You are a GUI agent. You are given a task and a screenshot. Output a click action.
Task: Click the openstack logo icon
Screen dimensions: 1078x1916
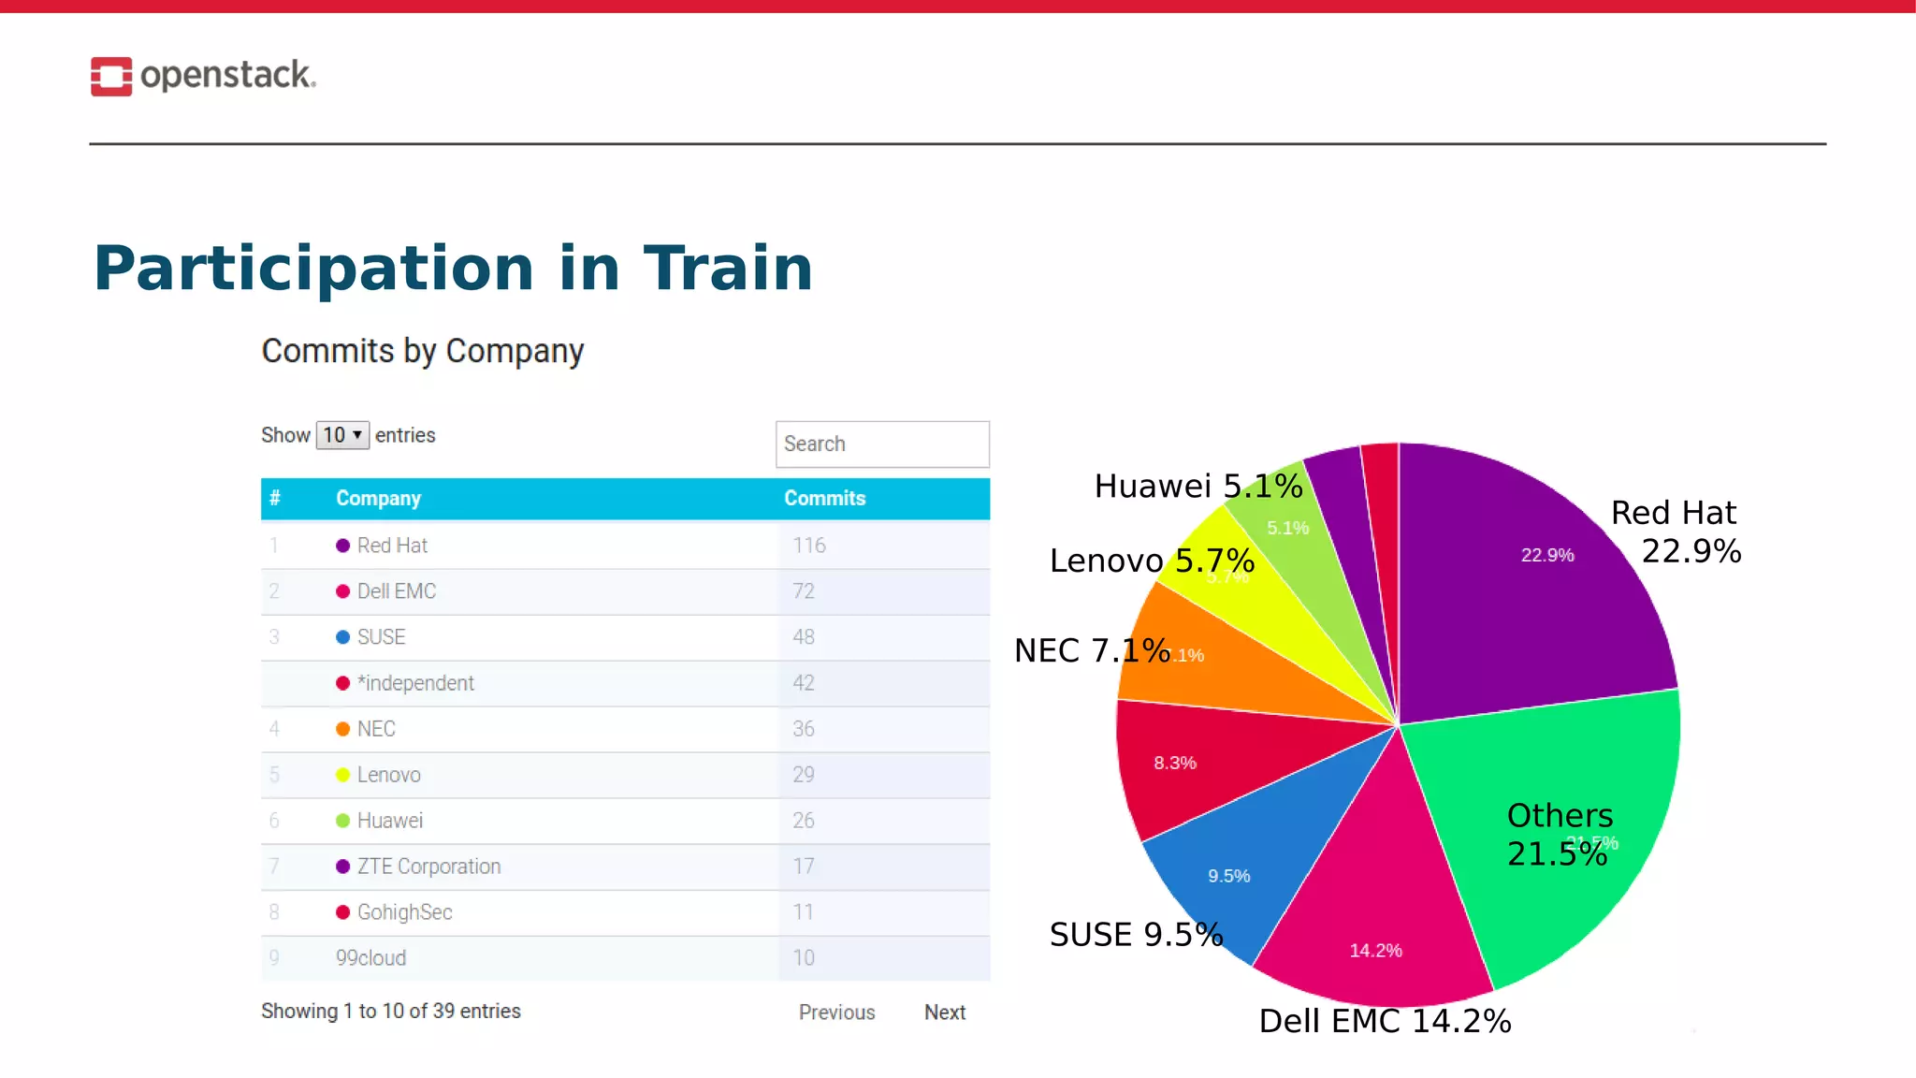pos(110,76)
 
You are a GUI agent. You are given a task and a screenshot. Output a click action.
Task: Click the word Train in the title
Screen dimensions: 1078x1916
pos(728,269)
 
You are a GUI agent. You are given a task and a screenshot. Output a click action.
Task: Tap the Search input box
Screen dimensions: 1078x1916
pos(881,444)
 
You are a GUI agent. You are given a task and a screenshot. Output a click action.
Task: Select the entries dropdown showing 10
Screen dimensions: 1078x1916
pos(342,435)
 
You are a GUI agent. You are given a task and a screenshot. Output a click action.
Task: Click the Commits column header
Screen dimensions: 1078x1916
pos(824,499)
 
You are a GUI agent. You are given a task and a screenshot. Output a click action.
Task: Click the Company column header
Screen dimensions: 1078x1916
pos(378,499)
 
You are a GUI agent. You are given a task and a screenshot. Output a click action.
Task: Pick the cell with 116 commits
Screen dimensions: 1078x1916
pos(809,546)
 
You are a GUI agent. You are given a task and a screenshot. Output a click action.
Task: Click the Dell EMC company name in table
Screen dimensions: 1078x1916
pos(396,591)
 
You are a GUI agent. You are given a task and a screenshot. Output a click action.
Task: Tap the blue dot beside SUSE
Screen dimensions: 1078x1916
pos(342,637)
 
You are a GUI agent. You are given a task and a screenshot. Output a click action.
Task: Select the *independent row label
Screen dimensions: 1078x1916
pos(414,683)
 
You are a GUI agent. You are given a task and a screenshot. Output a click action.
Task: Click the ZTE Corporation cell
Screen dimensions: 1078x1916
pos(428,867)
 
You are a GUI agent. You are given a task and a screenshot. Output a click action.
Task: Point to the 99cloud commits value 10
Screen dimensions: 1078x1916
pos(804,958)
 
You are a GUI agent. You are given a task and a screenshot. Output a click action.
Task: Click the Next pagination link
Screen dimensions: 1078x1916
pos(944,1012)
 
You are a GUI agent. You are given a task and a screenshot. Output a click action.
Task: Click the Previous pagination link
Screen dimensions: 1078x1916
pos(836,1012)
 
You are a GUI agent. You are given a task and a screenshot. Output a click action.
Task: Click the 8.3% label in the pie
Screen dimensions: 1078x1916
pos(1175,763)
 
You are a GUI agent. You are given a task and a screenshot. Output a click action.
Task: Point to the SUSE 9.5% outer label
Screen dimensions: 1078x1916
pos(1136,935)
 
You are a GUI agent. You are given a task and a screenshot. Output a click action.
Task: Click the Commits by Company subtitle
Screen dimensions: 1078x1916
pos(422,351)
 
